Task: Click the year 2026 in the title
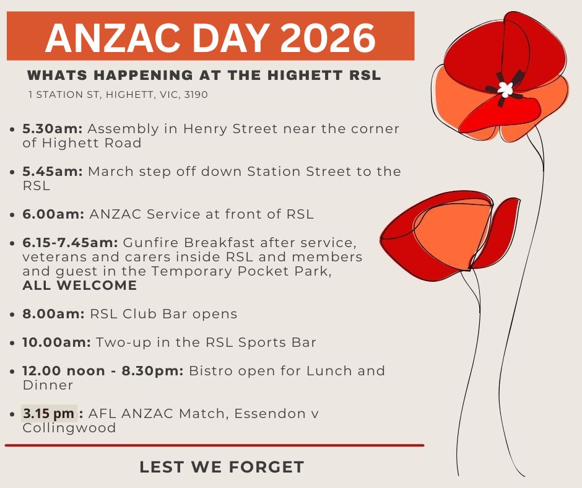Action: coord(328,38)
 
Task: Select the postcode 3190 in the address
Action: coord(196,95)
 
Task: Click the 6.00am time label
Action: coord(53,214)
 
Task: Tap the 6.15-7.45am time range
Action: coord(70,243)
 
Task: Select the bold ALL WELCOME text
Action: coord(80,285)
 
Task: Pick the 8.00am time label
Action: coord(53,314)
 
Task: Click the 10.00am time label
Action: coord(56,342)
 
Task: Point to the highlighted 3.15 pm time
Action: coord(49,413)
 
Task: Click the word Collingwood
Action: coord(69,428)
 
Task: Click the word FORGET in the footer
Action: coord(266,467)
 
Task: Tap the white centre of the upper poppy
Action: coord(505,89)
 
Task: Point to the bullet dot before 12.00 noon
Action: coord(13,372)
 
